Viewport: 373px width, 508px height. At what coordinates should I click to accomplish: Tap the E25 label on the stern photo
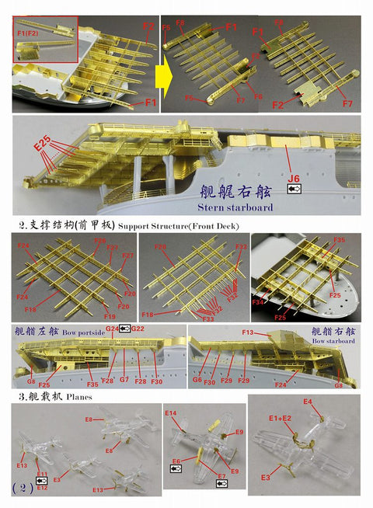tap(44, 145)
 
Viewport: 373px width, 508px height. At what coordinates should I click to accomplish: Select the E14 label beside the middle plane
tap(171, 413)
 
